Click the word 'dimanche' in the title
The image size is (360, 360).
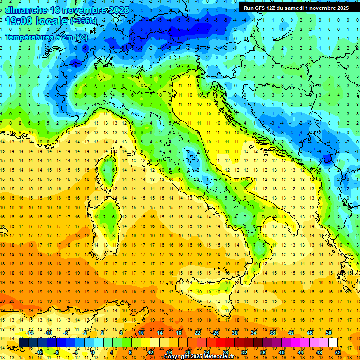[26, 9]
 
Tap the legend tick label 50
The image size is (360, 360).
[328, 333]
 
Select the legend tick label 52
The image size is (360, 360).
[337, 352]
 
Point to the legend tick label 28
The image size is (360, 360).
[225, 352]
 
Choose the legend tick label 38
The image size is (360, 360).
[272, 333]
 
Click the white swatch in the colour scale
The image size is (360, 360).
[333, 342]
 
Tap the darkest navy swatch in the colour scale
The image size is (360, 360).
[23, 342]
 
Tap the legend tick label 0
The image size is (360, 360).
[93, 352]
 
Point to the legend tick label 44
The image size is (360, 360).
[300, 352]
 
